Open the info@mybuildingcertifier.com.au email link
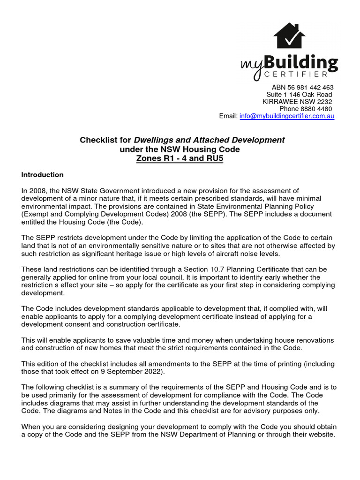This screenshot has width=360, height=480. coord(287,116)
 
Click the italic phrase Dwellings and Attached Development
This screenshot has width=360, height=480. coord(209,140)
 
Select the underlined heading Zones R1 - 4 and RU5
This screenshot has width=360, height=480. coord(182,158)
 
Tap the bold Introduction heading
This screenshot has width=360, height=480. coord(43,175)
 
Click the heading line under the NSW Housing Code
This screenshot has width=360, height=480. coord(182,149)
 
